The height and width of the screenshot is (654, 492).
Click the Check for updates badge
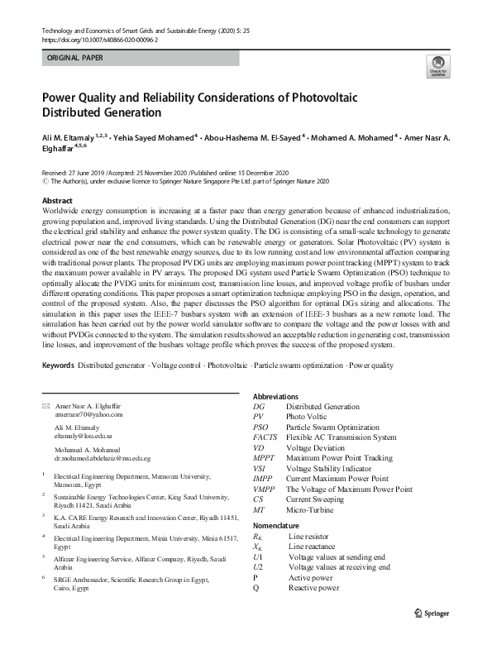click(437, 66)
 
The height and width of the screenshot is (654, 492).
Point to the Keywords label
click(58, 365)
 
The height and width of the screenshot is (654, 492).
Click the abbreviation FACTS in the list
click(265, 437)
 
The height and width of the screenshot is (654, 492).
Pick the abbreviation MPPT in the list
click(265, 458)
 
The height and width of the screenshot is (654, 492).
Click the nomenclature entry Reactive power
click(313, 588)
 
